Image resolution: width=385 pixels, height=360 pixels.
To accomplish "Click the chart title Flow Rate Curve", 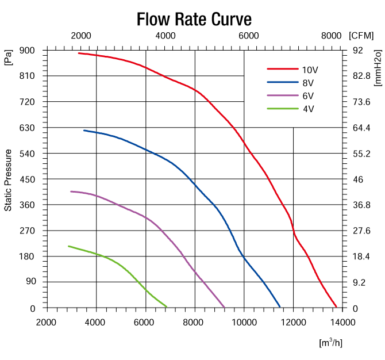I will [x=194, y=20].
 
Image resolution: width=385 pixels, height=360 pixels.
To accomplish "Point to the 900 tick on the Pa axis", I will [x=28, y=51].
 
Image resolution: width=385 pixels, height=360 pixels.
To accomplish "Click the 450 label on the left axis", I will [x=28, y=179].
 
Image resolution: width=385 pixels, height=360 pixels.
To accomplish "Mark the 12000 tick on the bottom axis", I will [x=293, y=322].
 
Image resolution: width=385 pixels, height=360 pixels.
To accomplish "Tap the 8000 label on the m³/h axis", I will [x=195, y=322].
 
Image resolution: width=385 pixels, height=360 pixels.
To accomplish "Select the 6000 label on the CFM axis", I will [x=248, y=35].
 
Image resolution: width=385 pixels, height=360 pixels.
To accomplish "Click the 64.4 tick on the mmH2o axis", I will [x=361, y=128].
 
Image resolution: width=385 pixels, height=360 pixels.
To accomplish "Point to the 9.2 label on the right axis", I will [x=359, y=282].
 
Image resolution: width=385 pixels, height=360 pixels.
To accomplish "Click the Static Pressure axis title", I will [x=9, y=179].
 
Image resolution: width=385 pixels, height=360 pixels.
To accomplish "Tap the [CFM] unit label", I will [x=361, y=35].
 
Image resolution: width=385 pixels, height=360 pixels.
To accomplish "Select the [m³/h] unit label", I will [x=330, y=343].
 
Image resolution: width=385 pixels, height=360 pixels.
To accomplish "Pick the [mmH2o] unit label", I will [x=378, y=68].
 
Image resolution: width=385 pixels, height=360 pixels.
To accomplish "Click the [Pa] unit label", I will [x=9, y=58].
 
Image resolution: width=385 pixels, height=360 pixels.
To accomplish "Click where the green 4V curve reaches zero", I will [x=167, y=307].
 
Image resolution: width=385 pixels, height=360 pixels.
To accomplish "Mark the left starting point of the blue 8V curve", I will [x=84, y=131].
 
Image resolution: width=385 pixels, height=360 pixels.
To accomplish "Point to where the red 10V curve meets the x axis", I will [x=337, y=307].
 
